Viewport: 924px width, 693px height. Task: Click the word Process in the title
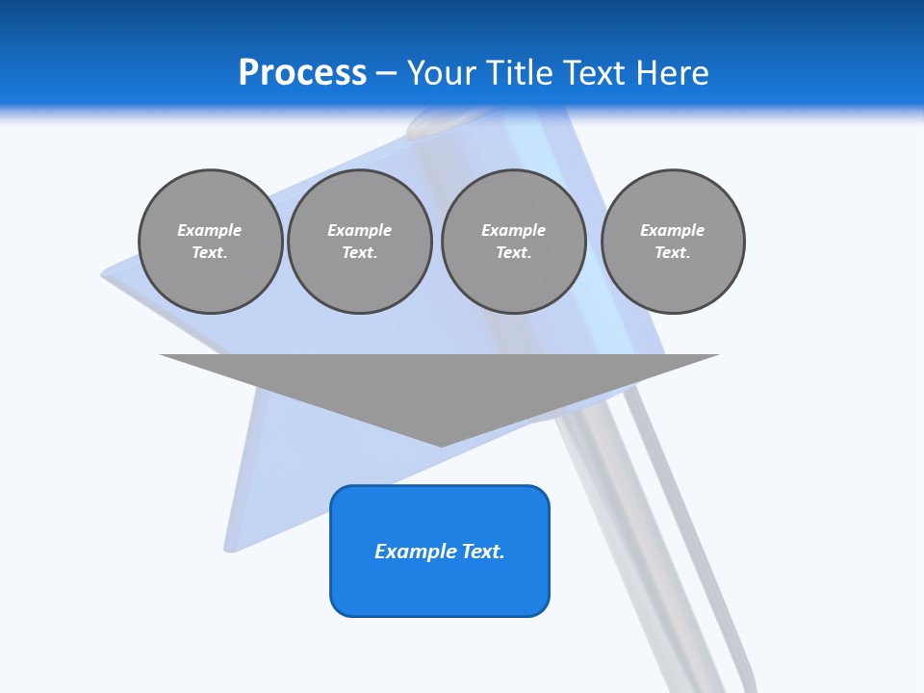coord(302,73)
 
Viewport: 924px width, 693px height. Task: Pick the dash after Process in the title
coord(386,74)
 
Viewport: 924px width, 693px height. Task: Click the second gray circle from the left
coord(359,284)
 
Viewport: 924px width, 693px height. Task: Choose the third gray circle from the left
coord(513,284)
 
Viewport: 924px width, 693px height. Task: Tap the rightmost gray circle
coord(673,284)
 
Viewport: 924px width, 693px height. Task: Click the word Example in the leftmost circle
coord(210,230)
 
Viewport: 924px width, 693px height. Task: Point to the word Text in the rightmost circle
coord(672,253)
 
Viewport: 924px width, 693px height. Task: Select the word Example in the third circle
coord(513,230)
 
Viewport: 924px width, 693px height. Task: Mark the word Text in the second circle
coord(359,253)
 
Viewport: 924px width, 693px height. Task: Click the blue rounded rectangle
coord(440,587)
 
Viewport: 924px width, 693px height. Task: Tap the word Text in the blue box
coord(484,552)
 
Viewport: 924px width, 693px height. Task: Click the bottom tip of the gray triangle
coord(441,444)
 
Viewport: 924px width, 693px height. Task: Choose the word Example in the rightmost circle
coord(672,230)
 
